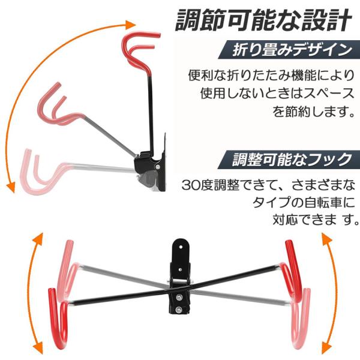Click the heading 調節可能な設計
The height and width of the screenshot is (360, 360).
click(x=263, y=20)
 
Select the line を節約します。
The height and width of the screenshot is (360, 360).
click(x=313, y=112)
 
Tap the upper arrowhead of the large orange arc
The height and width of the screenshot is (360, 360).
click(x=131, y=25)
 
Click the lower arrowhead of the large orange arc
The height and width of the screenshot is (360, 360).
click(x=11, y=188)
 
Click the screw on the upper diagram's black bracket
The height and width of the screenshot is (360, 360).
click(x=158, y=167)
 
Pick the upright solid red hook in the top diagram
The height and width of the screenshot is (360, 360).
click(x=140, y=54)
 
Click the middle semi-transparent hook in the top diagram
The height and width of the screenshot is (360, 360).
click(x=60, y=106)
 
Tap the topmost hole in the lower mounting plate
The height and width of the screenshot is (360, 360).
click(x=181, y=247)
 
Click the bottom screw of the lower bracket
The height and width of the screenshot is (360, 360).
click(x=179, y=310)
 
